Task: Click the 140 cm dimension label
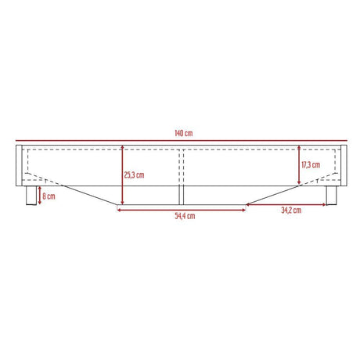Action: (x=181, y=133)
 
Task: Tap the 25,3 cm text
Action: (x=135, y=175)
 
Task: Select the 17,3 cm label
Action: (x=311, y=166)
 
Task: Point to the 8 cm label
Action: (x=49, y=196)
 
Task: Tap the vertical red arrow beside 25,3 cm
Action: (x=121, y=176)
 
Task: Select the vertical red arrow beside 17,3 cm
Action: (x=299, y=166)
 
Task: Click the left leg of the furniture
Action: (x=31, y=196)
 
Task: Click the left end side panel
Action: (x=19, y=165)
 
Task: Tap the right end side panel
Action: (x=344, y=165)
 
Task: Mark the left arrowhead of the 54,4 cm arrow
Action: (x=119, y=207)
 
